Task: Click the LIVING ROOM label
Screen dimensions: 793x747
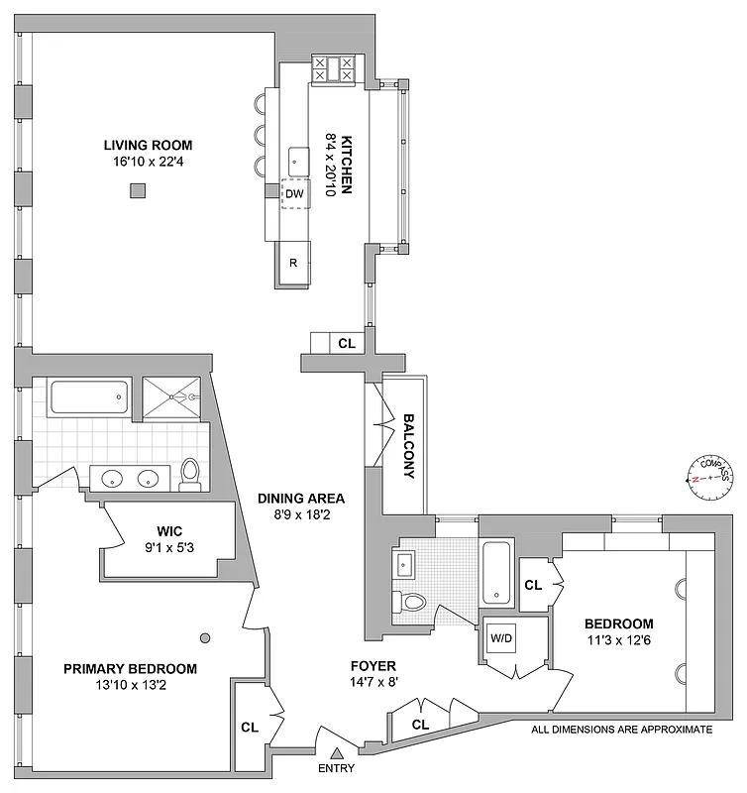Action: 148,145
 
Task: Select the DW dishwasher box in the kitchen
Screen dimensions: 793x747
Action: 294,194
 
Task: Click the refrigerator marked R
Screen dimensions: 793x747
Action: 293,263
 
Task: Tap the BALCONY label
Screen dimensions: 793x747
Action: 407,445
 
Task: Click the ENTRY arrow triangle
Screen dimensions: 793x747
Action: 336,753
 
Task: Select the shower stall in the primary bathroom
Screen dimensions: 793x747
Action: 174,396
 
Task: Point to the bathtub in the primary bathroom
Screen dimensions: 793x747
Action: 87,397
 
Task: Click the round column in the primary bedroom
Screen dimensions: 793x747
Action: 205,638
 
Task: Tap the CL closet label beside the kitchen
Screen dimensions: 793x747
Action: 346,344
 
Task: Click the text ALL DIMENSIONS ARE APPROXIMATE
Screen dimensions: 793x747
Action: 622,729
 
